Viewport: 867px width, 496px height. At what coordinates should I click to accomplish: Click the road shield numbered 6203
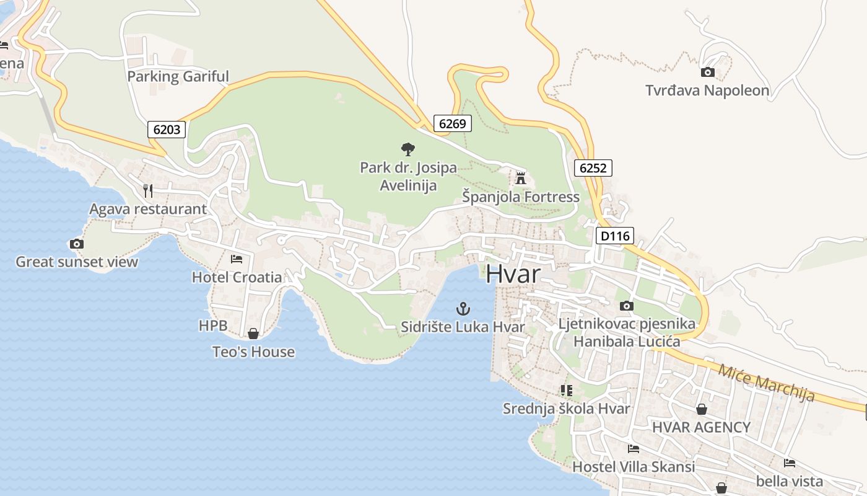[x=167, y=129]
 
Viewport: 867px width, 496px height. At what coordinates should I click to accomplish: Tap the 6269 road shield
[x=452, y=123]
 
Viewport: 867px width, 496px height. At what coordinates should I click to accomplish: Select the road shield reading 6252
[x=593, y=167]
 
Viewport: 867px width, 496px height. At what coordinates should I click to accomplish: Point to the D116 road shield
[x=615, y=236]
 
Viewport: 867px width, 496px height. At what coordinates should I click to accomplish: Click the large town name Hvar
[x=513, y=273]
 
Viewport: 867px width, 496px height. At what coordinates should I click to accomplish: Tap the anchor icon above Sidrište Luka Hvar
[x=463, y=308]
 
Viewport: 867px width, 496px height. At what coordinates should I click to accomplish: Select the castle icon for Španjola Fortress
[x=521, y=179]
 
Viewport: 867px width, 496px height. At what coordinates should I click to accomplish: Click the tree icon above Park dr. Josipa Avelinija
[x=407, y=149]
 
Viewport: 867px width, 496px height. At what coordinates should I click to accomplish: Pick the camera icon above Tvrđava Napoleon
[x=707, y=73]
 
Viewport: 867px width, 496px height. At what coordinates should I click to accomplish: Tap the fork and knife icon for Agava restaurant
[x=147, y=190]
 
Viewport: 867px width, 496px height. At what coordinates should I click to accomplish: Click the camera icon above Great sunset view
[x=77, y=244]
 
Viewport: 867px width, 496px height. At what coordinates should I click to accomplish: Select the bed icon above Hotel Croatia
[x=237, y=259]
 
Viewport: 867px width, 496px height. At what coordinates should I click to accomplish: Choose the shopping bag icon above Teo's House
[x=253, y=334]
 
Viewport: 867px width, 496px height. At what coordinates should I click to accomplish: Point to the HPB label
[x=213, y=325]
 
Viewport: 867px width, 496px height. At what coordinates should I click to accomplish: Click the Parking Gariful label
[x=178, y=76]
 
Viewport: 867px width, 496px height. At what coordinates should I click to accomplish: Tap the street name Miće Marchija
[x=766, y=383]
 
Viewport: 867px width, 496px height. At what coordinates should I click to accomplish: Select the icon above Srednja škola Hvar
[x=566, y=390]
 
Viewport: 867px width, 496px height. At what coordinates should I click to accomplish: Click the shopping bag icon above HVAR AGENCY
[x=702, y=409]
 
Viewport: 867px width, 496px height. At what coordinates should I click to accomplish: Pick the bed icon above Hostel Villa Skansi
[x=633, y=448]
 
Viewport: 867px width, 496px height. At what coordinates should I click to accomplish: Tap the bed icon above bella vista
[x=789, y=463]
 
